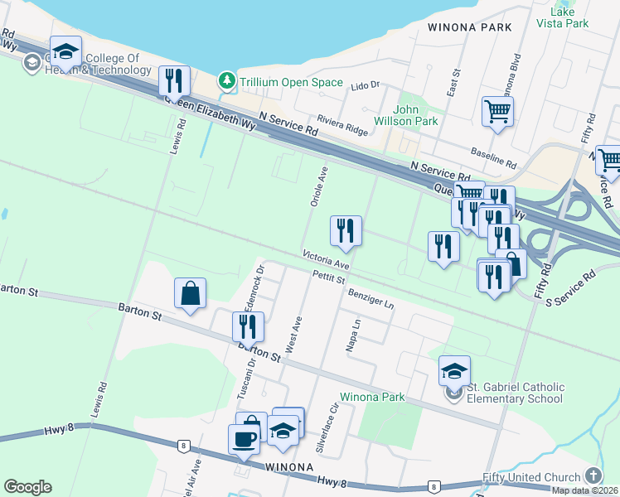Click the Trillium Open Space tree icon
pyautogui.click(x=225, y=81)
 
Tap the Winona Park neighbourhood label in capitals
pyautogui.click(x=469, y=27)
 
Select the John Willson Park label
pyautogui.click(x=415, y=115)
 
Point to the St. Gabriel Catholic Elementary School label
pyautogui.click(x=515, y=393)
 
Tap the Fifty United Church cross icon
pyautogui.click(x=593, y=475)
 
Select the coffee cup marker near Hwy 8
pyautogui.click(x=244, y=439)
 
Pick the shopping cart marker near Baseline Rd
pyautogui.click(x=497, y=111)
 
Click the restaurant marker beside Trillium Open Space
pyautogui.click(x=174, y=81)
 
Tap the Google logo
pyautogui.click(x=27, y=487)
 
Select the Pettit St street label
pyautogui.click(x=328, y=280)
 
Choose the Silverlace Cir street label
pyautogui.click(x=327, y=429)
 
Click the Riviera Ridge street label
pyautogui.click(x=343, y=124)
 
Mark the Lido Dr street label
pyautogui.click(x=365, y=85)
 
